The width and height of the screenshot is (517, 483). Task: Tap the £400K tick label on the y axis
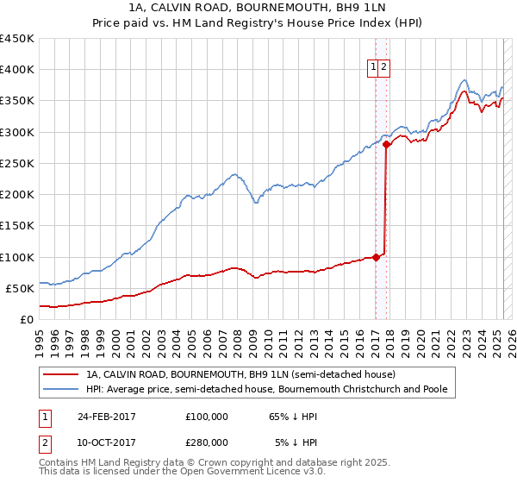coord(17,70)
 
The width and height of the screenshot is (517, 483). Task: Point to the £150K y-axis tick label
coord(17,226)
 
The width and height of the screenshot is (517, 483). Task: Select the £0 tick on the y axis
coord(27,319)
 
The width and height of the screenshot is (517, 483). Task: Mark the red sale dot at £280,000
coord(386,145)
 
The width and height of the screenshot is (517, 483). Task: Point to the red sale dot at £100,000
coord(376,257)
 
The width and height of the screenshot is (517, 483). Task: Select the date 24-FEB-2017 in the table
coord(107,417)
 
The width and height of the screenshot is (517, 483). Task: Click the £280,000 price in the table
coord(207,442)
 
